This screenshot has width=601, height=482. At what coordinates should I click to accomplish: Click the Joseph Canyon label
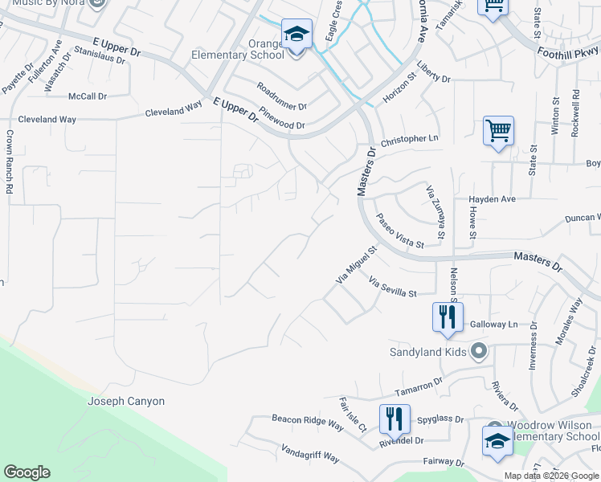click(x=126, y=401)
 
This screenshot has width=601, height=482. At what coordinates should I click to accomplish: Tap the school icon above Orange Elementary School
click(x=296, y=35)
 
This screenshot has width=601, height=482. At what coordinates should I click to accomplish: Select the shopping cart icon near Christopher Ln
click(x=498, y=131)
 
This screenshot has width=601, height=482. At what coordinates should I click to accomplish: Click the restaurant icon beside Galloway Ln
click(x=448, y=317)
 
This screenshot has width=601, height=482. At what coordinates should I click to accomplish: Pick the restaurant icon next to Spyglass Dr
click(x=394, y=419)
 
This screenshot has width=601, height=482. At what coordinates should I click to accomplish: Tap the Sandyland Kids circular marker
click(x=480, y=350)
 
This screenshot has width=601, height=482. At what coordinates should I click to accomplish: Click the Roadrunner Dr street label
click(x=282, y=96)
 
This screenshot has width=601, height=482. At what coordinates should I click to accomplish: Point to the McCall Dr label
click(x=88, y=96)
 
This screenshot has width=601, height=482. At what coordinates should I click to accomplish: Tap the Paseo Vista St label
click(x=399, y=231)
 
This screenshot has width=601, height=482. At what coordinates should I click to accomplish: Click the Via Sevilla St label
click(x=393, y=288)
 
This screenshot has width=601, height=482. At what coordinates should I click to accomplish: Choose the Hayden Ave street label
click(x=492, y=198)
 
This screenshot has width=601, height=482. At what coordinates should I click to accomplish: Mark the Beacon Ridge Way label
click(x=307, y=423)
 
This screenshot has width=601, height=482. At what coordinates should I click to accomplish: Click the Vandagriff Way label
click(x=310, y=455)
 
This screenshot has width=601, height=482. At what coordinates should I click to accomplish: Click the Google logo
click(x=27, y=472)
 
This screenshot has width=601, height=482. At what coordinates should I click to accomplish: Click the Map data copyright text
click(x=551, y=476)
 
